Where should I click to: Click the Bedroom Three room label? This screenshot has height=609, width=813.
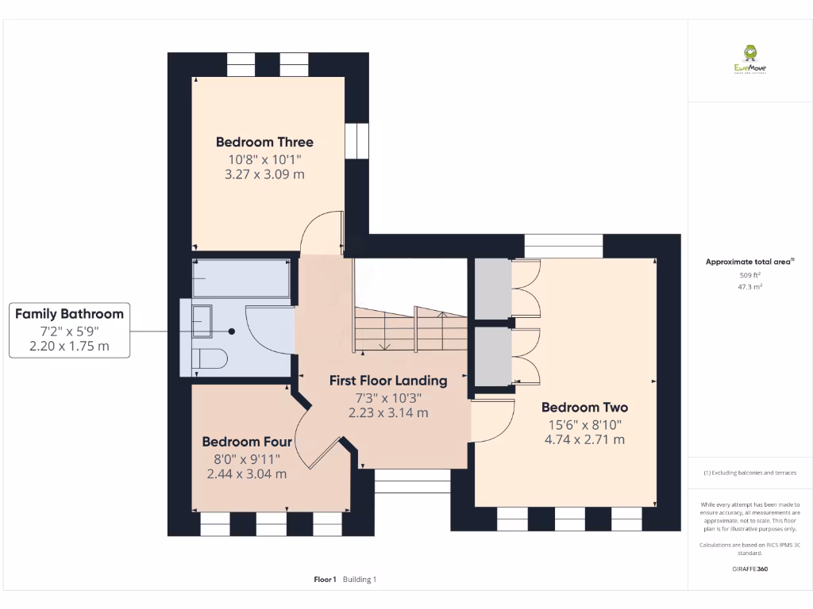click(x=264, y=142)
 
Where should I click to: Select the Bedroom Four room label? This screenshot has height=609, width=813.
click(x=247, y=442)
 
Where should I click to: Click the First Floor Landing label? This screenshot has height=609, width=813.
click(x=388, y=381)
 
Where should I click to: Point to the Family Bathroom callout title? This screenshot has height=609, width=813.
click(x=69, y=314)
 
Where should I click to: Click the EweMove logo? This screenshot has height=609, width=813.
click(x=749, y=59)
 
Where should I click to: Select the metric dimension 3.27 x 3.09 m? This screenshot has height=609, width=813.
click(x=264, y=174)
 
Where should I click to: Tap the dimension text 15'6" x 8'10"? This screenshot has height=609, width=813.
click(x=584, y=423)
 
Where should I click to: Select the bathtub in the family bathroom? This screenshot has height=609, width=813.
click(x=241, y=278)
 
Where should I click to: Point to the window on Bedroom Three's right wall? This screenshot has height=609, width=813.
click(x=356, y=140)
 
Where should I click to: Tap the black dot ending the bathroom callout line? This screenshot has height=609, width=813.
click(x=232, y=331)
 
